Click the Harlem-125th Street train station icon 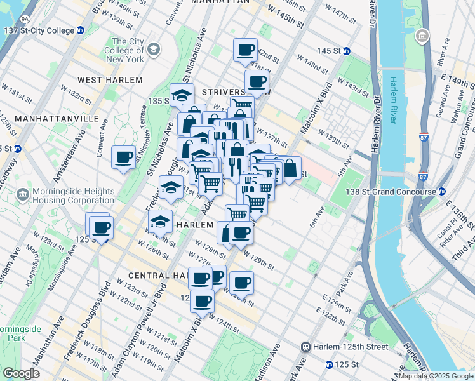pyautogui.click(x=306, y=347)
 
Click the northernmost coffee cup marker pyautogui.click(x=245, y=50)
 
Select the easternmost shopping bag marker pyautogui.click(x=290, y=168)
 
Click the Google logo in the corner pyautogui.click(x=22, y=373)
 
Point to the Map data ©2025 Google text pyautogui.click(x=436, y=376)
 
